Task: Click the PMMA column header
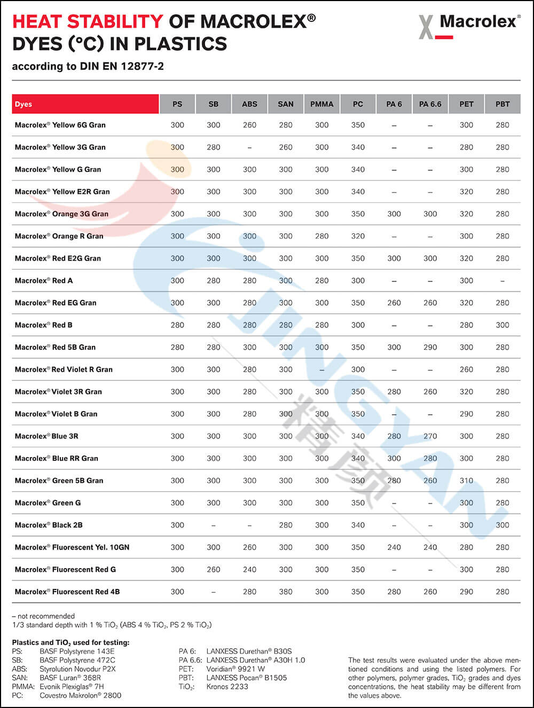tap(321, 104)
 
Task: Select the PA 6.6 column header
tap(430, 104)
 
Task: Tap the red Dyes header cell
tap(85, 104)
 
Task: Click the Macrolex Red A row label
tap(44, 280)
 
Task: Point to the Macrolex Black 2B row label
tap(49, 525)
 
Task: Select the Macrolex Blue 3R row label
tap(46, 436)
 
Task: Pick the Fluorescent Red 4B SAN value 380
tap(286, 592)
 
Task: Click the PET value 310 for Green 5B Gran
tap(466, 481)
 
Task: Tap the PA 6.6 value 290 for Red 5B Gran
tap(430, 347)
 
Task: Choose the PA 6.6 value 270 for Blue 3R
tap(430, 436)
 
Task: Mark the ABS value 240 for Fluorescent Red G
tap(249, 569)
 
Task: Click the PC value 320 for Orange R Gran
tap(358, 236)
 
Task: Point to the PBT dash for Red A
tap(502, 280)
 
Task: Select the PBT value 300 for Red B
tap(502, 325)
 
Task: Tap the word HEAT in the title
tap(37, 22)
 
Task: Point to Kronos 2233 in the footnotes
tap(227, 687)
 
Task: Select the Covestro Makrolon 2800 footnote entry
tap(80, 695)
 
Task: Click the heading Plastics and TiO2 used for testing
tap(70, 642)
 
